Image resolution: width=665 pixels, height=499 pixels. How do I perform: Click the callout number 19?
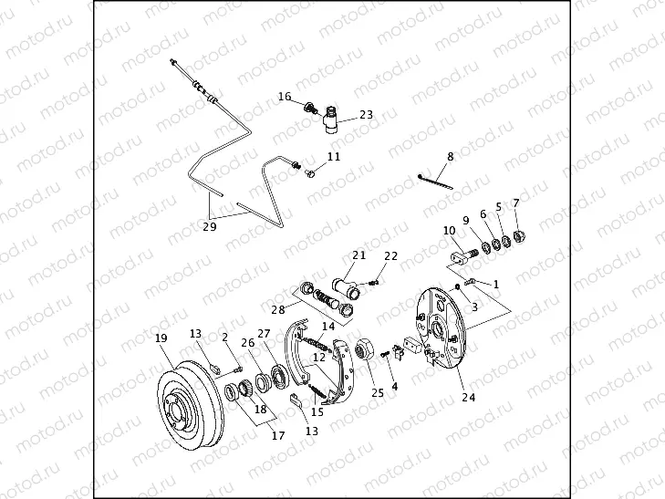pos(161,338)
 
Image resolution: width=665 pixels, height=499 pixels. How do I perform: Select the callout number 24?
pos(469,397)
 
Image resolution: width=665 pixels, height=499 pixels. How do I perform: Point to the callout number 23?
pos(366,115)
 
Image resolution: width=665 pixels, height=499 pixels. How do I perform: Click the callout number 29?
pos(209,227)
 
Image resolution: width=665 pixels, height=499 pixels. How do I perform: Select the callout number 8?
pos(450,157)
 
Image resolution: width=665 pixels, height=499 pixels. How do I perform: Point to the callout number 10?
pos(449,230)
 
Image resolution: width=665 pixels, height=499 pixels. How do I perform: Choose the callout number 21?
pos(358,255)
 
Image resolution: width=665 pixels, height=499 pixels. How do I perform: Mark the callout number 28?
pos(277,311)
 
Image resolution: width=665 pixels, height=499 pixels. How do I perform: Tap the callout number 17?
pos(277,436)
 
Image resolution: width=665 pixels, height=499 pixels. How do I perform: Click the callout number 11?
pos(334,157)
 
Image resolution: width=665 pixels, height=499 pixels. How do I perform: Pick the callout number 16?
pos(285,96)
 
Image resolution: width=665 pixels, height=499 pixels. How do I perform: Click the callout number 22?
pos(390,256)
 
